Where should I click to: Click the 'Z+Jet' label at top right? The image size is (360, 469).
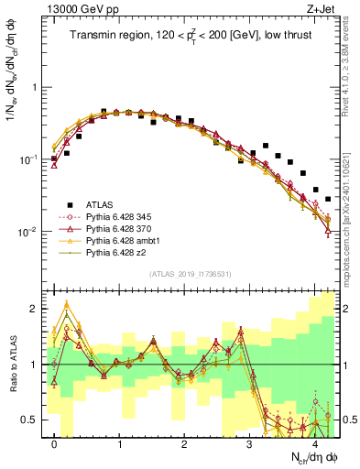[322, 8]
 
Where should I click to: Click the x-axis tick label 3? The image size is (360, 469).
[249, 443]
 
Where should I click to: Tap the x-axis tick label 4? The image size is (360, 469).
[314, 443]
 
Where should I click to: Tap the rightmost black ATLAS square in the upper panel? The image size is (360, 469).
[327, 198]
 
